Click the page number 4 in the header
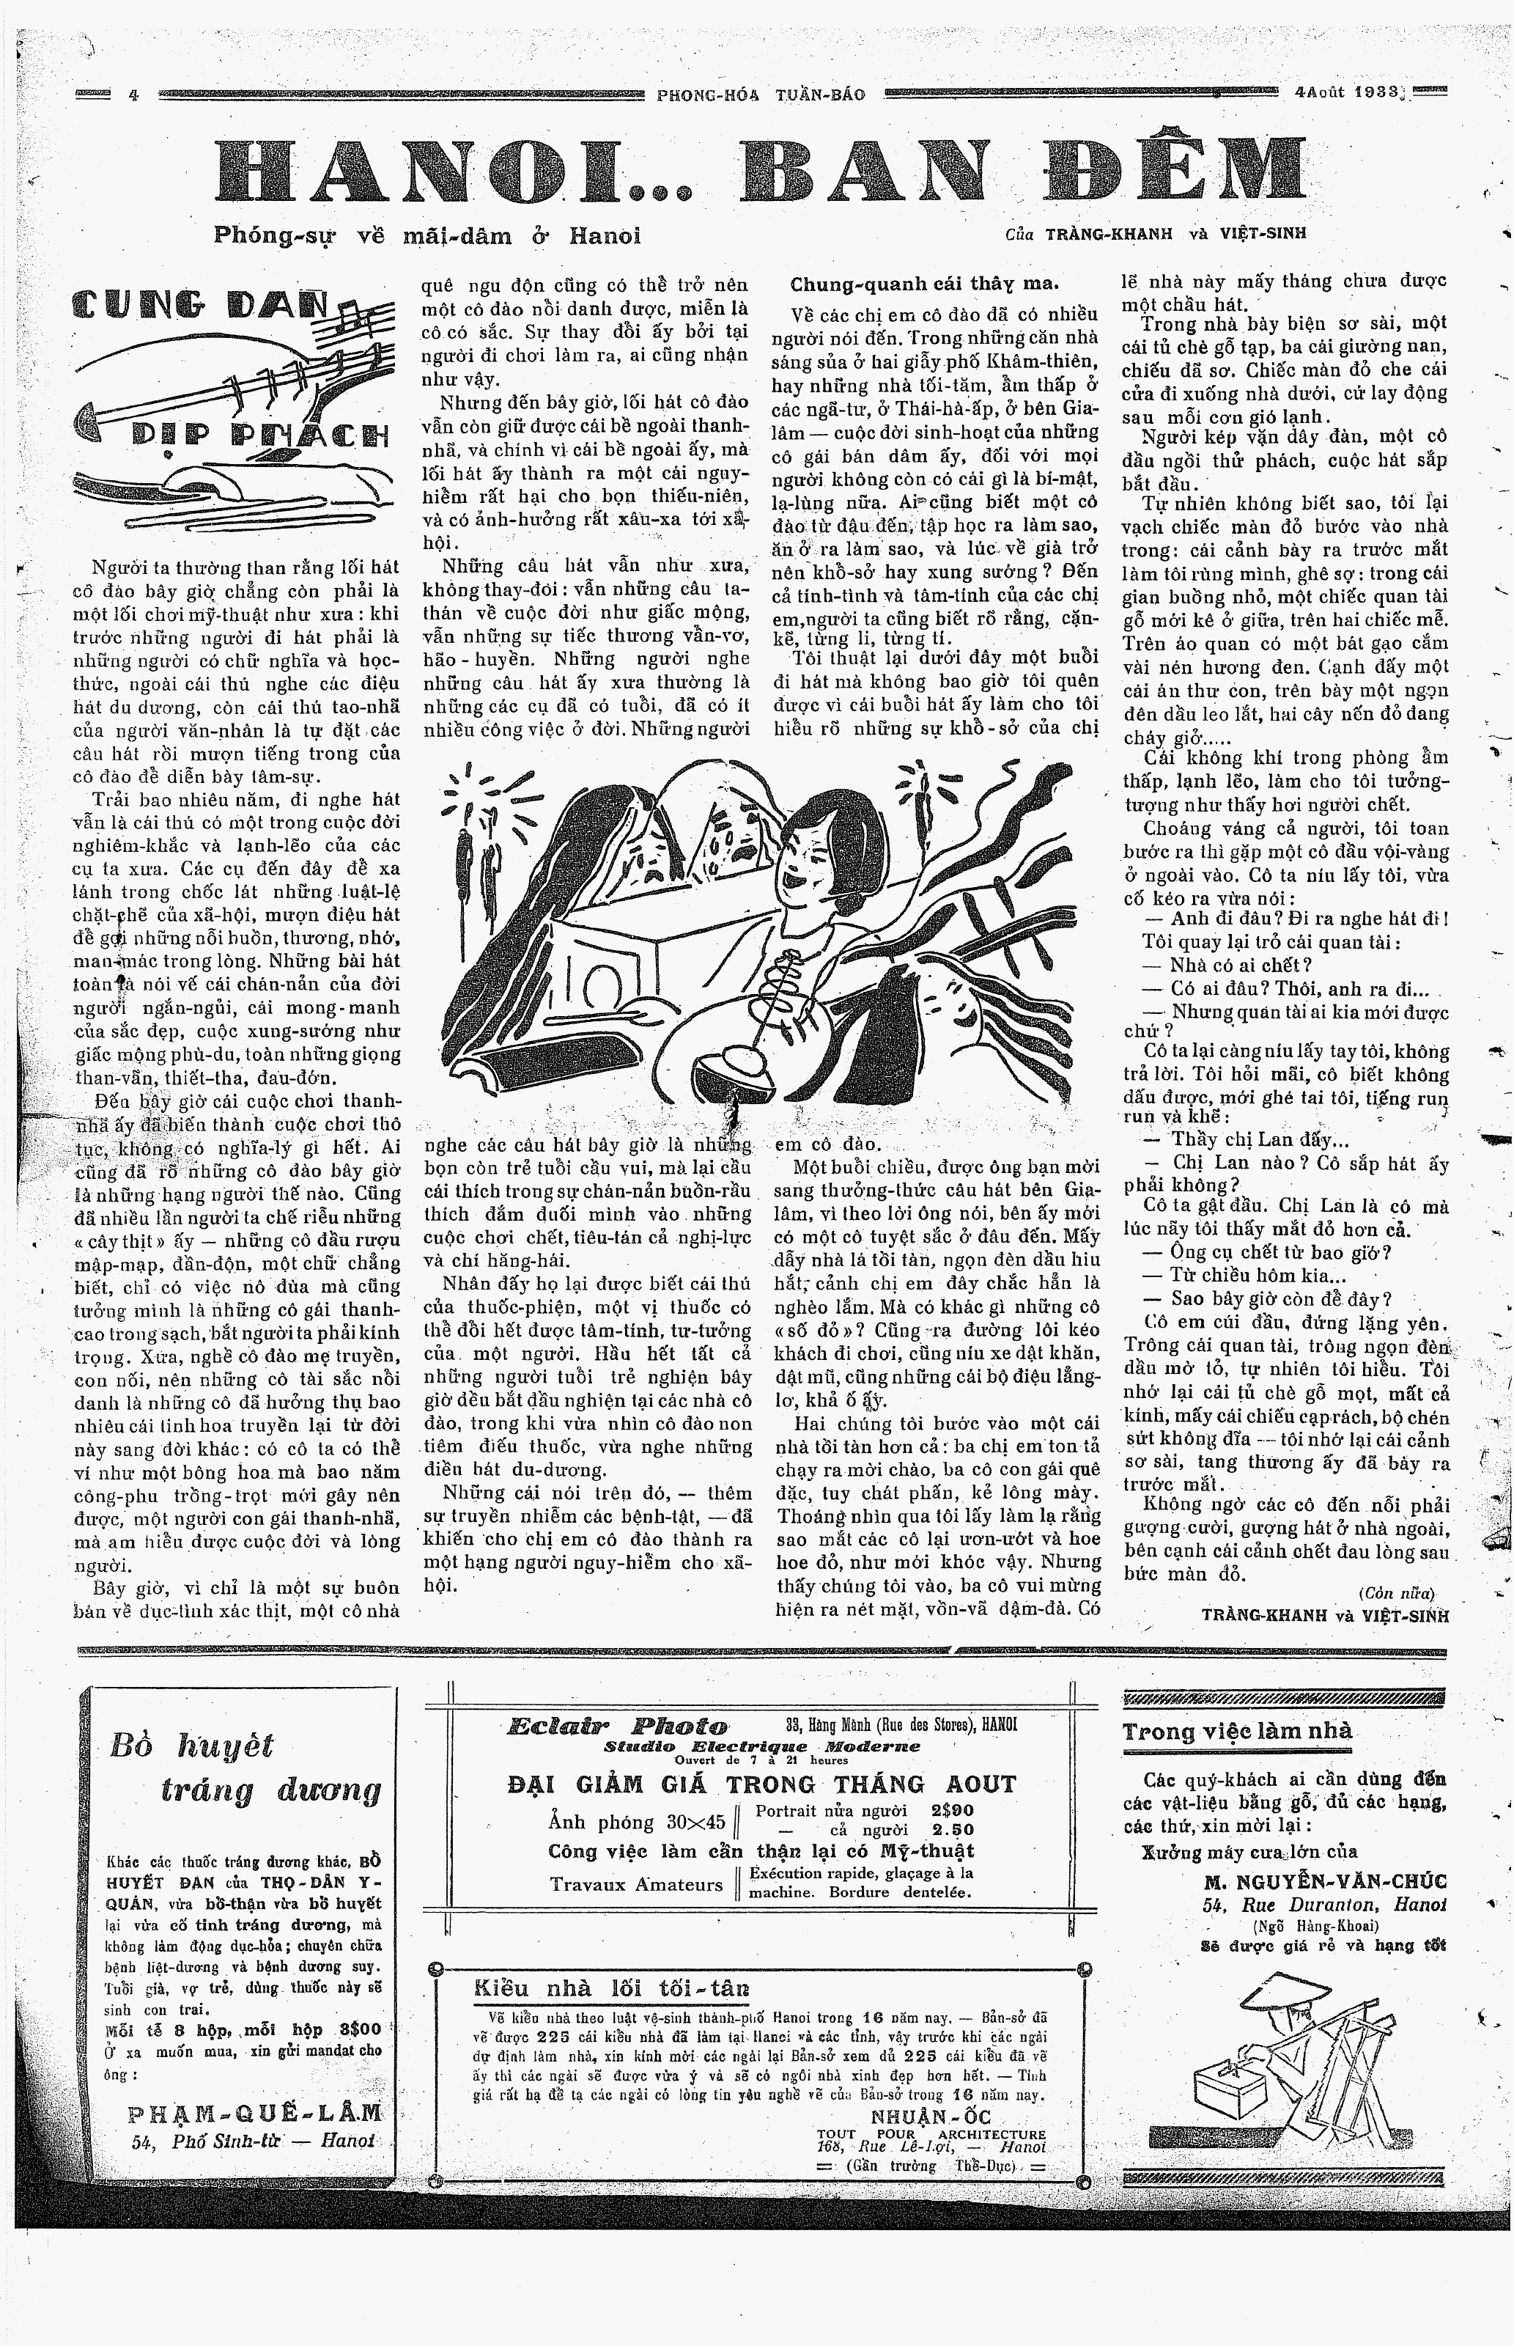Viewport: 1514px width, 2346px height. [133, 95]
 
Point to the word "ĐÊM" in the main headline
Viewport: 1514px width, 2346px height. [1174, 170]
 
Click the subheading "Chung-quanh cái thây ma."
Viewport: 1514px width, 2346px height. [924, 284]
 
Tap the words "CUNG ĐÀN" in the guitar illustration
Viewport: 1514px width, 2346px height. [202, 309]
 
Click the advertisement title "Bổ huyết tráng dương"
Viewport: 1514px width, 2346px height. [245, 1767]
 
